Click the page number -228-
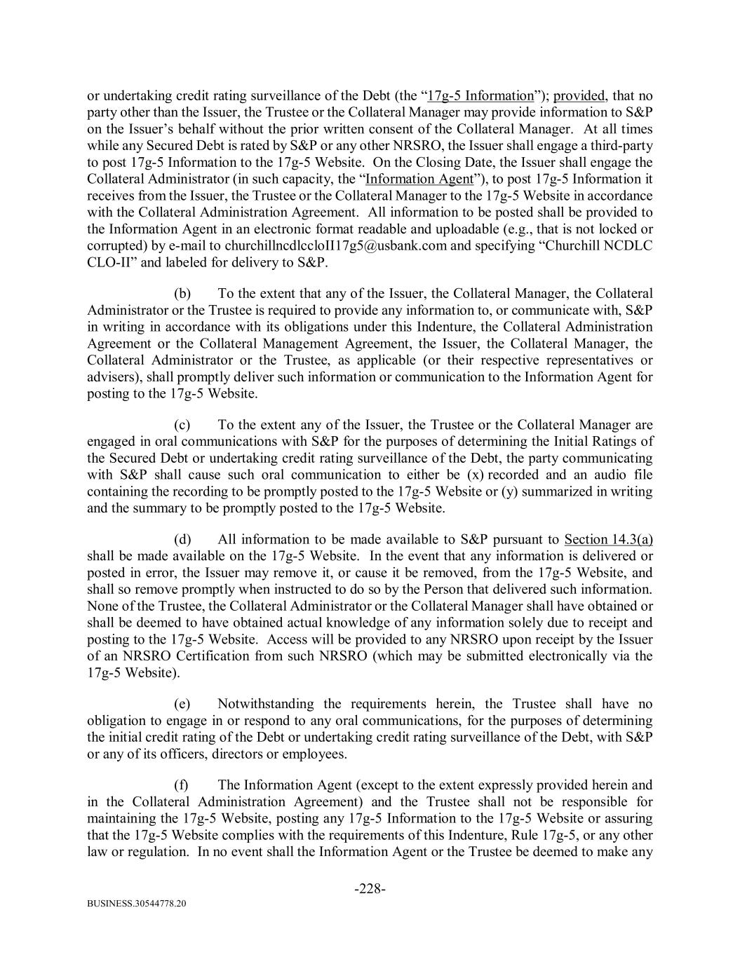(x=370, y=889)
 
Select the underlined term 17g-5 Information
(x=480, y=96)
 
